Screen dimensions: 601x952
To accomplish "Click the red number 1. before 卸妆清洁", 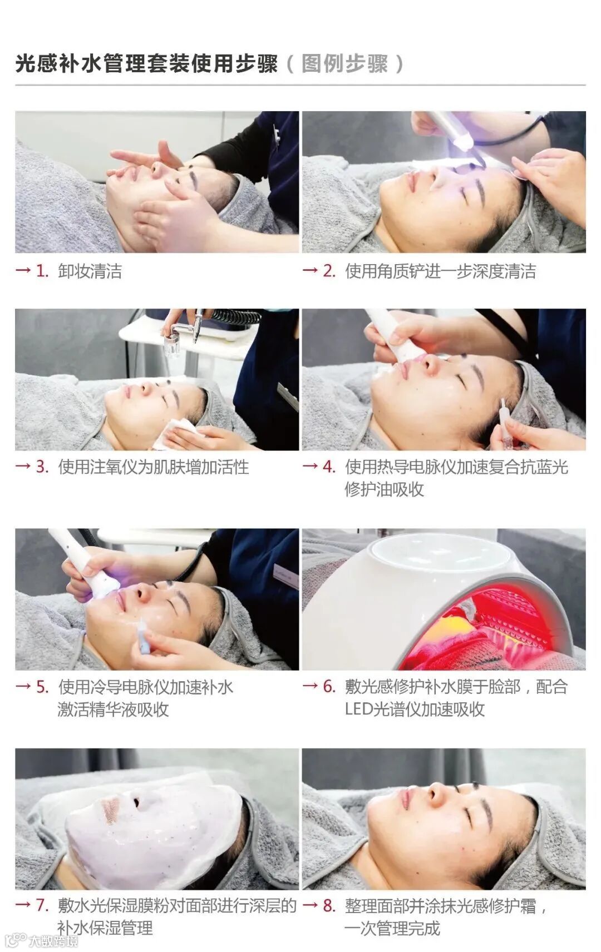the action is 42,271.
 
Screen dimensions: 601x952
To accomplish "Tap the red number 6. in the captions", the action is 329,686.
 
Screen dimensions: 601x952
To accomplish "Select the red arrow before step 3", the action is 23,466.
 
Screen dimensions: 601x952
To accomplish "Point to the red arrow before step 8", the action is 310,905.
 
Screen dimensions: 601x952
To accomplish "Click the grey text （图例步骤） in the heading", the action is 344,64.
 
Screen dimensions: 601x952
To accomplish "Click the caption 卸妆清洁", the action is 90,271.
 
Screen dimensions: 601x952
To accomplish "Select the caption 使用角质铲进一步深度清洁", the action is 440,271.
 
